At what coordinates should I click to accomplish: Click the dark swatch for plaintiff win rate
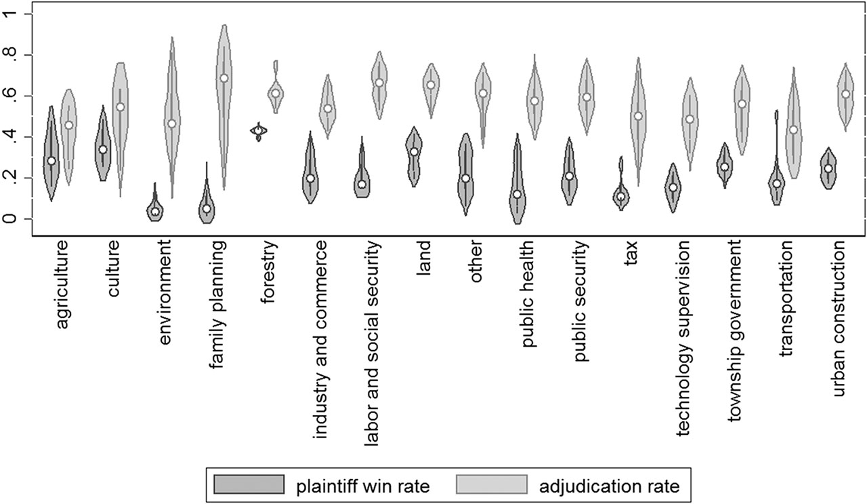[x=248, y=484]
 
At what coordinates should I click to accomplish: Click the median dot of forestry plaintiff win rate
[x=258, y=131]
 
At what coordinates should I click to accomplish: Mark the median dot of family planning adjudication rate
[x=224, y=78]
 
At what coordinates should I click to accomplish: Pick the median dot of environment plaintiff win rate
[x=155, y=212]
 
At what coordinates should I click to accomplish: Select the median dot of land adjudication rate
[x=430, y=85]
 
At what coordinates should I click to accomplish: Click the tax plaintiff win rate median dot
[x=620, y=197]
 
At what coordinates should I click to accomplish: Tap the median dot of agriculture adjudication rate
[x=68, y=125]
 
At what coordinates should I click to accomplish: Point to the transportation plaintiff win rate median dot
[x=777, y=184]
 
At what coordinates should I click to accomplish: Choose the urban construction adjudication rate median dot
[x=845, y=94]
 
